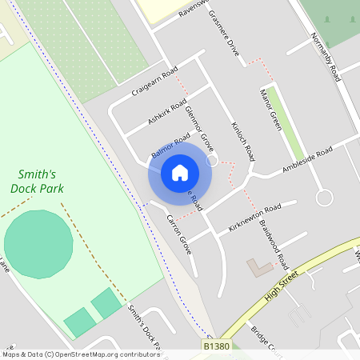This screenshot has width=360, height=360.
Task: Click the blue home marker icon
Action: (x=180, y=173)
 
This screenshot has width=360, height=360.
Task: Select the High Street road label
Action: (x=281, y=285)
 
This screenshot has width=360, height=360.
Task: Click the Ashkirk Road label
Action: (x=167, y=112)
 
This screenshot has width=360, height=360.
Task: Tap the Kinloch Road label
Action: (x=242, y=141)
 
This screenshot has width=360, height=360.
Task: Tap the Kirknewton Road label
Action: (x=254, y=216)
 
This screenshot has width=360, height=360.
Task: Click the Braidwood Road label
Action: (x=272, y=242)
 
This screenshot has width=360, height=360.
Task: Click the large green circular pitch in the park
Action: (x=38, y=244)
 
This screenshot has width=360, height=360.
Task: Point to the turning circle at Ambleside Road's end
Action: (x=324, y=197)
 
